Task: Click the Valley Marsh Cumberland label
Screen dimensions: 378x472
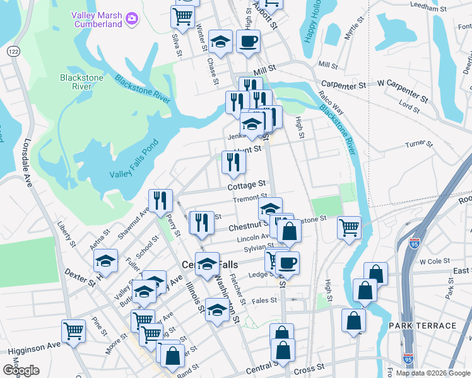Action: coord(96,19)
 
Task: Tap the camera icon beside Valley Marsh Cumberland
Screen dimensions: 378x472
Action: coord(131,18)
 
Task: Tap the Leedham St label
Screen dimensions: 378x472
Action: coord(428,8)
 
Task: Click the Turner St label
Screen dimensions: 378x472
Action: coord(418,144)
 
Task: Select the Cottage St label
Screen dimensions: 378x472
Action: coord(247,185)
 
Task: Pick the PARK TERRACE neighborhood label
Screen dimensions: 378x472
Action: coord(422,326)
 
